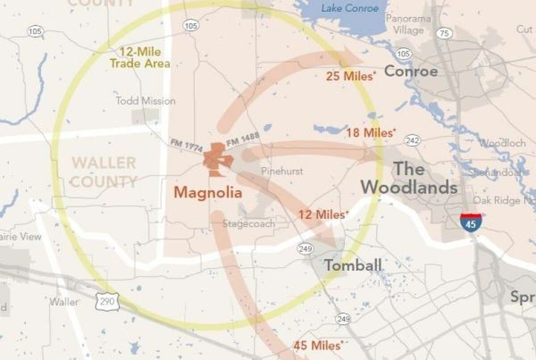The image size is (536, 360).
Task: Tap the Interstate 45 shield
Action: point(471,222)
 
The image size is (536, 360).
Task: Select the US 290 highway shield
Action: point(107,301)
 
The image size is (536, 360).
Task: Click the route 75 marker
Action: point(444,33)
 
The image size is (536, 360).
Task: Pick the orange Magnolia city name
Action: point(208,193)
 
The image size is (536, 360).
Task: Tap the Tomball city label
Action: point(353,265)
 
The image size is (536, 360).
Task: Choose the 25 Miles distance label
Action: point(350,76)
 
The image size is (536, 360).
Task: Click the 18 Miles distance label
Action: point(371,133)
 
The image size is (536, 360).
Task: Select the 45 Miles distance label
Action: point(318,345)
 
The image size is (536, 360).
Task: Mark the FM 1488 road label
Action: point(243,138)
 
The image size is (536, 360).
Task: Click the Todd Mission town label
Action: point(146,101)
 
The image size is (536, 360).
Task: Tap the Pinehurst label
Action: point(282,171)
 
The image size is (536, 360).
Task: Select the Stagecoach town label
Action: point(249,224)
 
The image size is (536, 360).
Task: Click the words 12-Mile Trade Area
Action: point(140,58)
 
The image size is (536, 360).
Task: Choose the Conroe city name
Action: point(411,71)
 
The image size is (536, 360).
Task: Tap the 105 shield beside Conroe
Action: point(404,54)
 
